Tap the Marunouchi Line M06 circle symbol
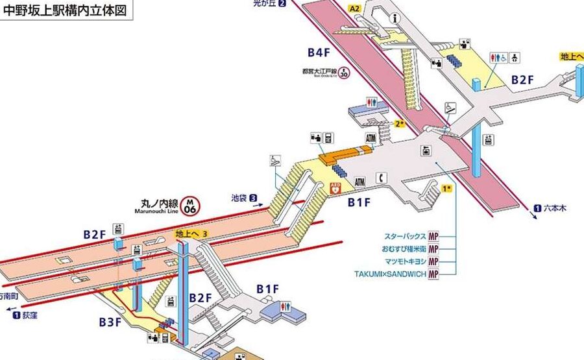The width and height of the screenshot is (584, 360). click(x=190, y=206)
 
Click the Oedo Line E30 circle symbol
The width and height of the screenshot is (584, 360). click(x=343, y=73)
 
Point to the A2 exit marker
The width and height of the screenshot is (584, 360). click(x=354, y=8)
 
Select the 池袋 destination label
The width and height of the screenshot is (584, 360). click(x=240, y=197)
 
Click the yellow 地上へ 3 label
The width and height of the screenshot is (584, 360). click(x=191, y=233)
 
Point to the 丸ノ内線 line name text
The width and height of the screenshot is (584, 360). click(x=160, y=202)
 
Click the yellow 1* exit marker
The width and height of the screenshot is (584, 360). click(x=446, y=189)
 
